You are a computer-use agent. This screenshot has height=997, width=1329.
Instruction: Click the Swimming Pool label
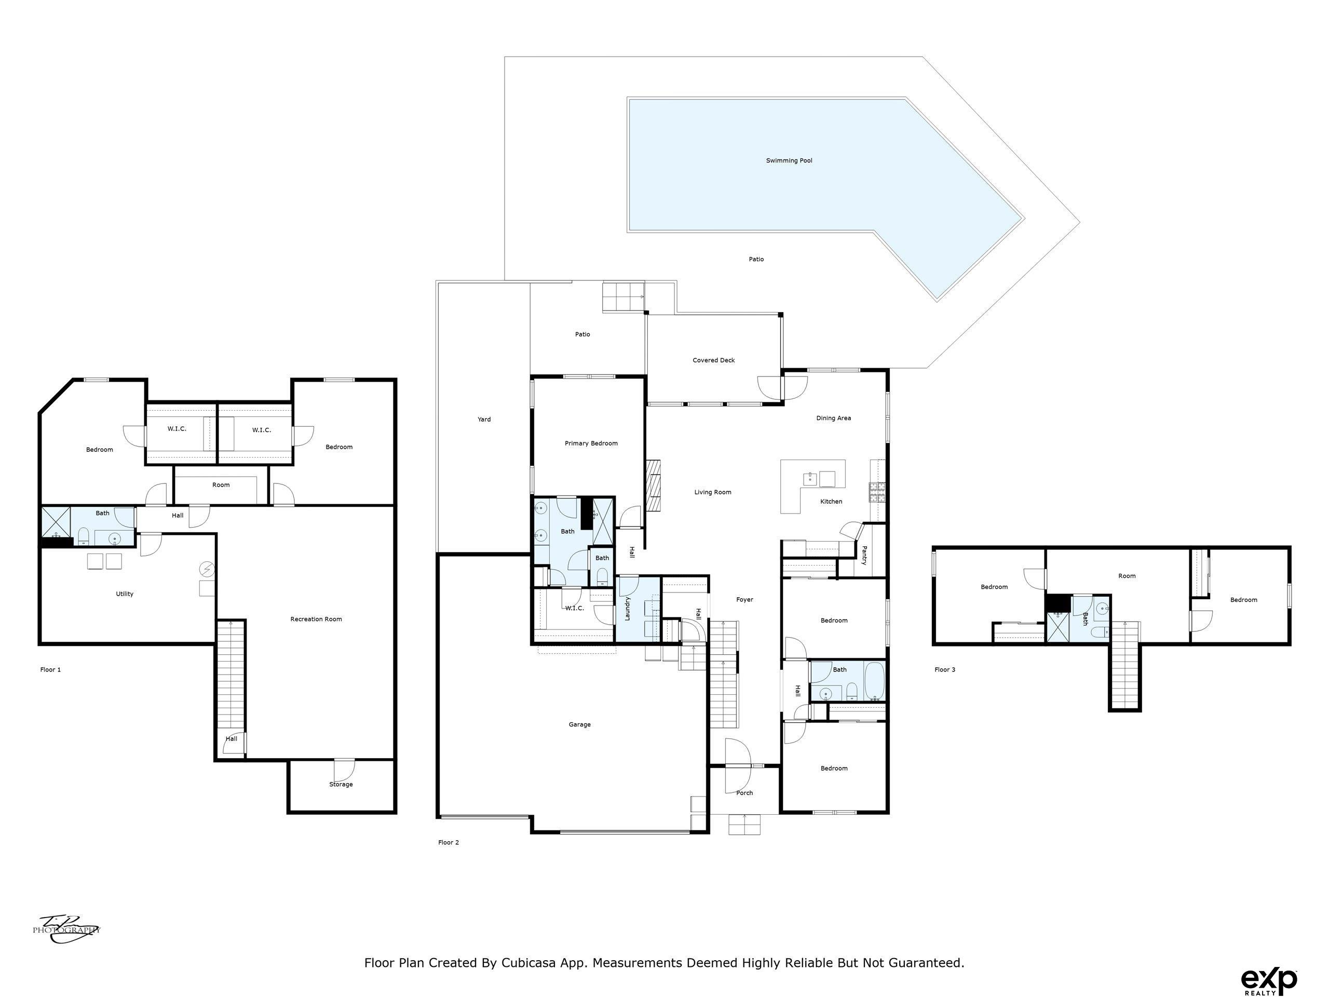(x=789, y=160)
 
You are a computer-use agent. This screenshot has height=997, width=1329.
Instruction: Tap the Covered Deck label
(x=714, y=360)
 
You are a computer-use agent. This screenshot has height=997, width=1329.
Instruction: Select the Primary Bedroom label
(x=591, y=443)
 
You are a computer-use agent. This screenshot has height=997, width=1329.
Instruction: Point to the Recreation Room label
(x=316, y=619)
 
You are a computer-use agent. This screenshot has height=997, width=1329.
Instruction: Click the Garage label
(x=580, y=725)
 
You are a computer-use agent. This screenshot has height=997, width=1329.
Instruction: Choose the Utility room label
(x=125, y=594)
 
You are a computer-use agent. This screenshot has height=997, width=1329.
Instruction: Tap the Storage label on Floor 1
(x=341, y=784)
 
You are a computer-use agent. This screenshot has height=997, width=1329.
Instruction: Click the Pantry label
(x=864, y=555)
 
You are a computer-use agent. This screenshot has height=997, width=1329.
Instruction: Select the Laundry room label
(x=628, y=609)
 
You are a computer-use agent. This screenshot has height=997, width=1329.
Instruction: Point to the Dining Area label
(x=833, y=418)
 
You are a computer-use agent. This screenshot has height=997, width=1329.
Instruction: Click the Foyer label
(x=745, y=600)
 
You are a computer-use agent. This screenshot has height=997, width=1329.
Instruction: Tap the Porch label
(x=745, y=793)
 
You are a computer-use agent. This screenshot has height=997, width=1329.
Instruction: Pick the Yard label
(x=484, y=420)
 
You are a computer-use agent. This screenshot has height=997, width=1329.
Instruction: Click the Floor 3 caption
(x=945, y=669)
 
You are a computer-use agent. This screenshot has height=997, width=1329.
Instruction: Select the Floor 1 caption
(x=50, y=669)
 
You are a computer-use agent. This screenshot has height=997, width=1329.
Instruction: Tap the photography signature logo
(x=66, y=929)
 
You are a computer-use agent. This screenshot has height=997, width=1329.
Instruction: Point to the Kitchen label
(x=832, y=501)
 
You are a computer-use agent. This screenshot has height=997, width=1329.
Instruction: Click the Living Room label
(x=713, y=492)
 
